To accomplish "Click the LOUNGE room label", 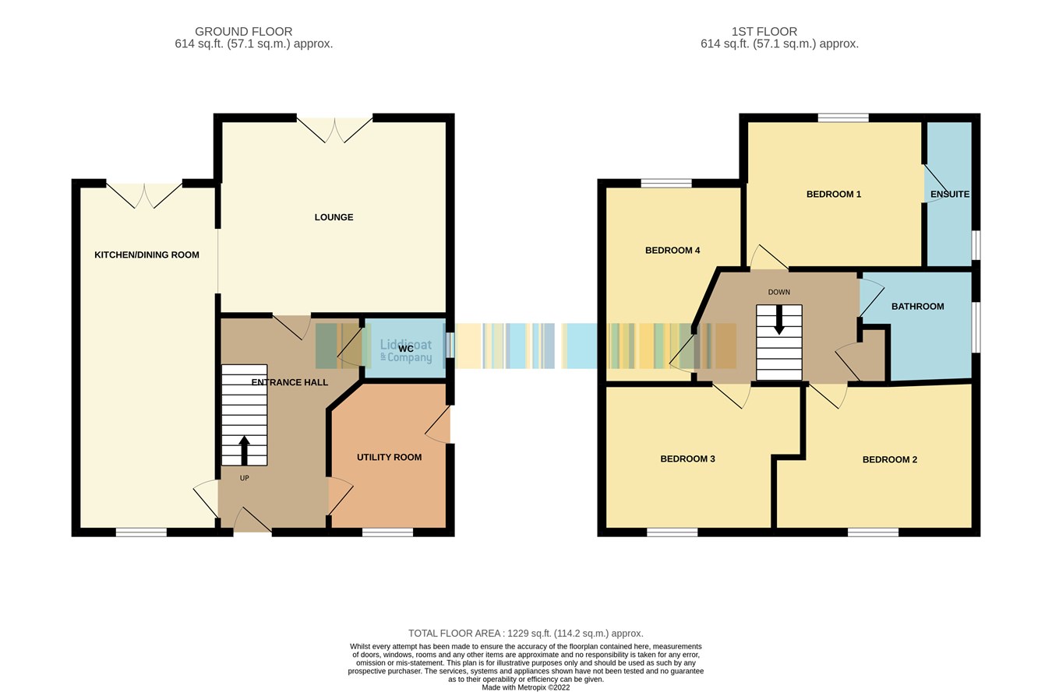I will (x=334, y=217).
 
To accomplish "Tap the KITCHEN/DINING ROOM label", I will (x=147, y=255).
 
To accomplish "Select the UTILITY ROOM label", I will (x=389, y=457).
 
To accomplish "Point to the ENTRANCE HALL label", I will (x=289, y=382).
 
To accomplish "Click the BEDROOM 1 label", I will (x=833, y=194).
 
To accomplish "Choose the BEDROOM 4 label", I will (x=672, y=250).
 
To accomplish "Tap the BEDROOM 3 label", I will (x=687, y=458).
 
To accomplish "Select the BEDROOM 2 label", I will (x=889, y=459).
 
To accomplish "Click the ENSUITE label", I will (x=949, y=194).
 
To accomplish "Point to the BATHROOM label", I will (x=917, y=306).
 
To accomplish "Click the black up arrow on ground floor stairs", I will (x=244, y=449).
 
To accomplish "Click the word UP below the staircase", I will (x=244, y=478).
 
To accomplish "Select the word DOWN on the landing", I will (x=778, y=292).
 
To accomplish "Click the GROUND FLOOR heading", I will (x=243, y=31).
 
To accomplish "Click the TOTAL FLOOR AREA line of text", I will (x=525, y=633).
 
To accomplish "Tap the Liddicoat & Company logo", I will (x=405, y=350).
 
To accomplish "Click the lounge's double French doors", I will (x=335, y=129).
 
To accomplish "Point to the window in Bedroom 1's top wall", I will (x=842, y=118).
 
